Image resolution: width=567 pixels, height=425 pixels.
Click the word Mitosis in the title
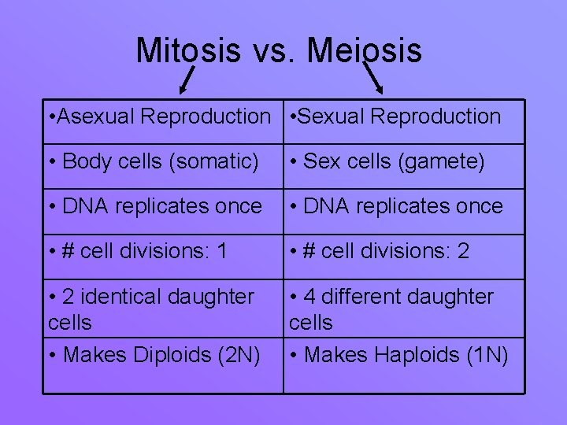coord(188,51)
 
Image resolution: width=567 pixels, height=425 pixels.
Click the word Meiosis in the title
coord(364,51)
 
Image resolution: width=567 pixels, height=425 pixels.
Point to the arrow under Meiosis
coord(376,79)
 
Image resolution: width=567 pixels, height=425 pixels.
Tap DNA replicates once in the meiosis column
coord(396,207)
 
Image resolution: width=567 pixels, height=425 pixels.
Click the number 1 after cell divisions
coord(222,252)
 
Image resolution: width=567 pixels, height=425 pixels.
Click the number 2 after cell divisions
coord(463,252)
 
